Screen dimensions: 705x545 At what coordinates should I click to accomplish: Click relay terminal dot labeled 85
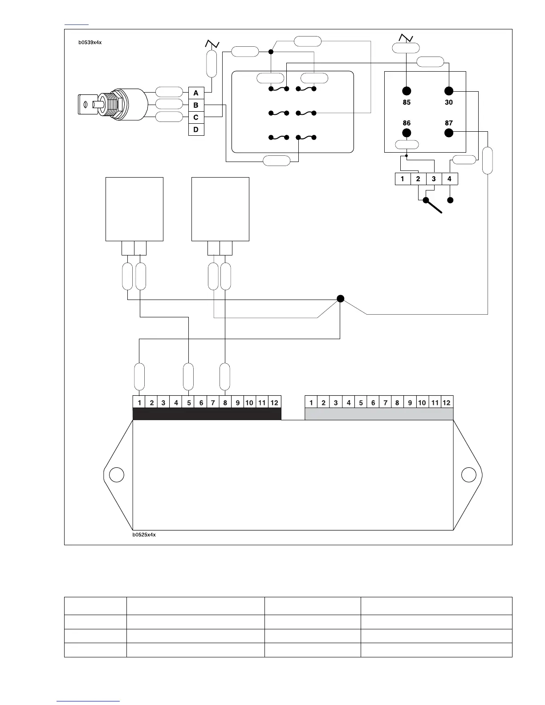click(407, 91)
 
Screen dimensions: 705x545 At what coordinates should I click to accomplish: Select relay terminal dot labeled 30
click(449, 91)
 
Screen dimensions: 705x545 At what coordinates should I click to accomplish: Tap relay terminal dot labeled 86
click(407, 133)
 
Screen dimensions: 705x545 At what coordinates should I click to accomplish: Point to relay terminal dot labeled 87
click(449, 133)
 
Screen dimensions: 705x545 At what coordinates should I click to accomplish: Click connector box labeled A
click(196, 93)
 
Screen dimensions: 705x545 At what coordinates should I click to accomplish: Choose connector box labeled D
click(196, 130)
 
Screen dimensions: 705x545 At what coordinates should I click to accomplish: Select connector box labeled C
click(196, 117)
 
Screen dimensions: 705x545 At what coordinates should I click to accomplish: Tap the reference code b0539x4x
click(90, 43)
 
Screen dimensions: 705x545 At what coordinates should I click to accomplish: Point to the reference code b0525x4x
click(144, 535)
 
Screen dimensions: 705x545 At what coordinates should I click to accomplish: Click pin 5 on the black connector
click(189, 403)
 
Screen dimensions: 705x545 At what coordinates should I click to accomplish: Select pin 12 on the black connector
click(274, 403)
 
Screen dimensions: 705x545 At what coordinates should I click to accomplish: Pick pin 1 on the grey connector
click(311, 403)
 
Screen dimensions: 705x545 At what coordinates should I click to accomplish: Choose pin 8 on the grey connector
click(397, 403)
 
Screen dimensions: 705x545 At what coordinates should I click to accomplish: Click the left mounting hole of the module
click(117, 475)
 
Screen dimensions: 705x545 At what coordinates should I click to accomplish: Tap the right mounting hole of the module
click(469, 475)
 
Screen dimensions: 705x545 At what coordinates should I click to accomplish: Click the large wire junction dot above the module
click(341, 298)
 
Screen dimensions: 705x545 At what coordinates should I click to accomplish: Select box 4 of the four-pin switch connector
click(449, 179)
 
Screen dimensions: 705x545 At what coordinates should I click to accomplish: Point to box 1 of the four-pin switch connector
click(403, 179)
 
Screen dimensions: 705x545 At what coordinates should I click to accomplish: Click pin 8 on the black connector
click(225, 403)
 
